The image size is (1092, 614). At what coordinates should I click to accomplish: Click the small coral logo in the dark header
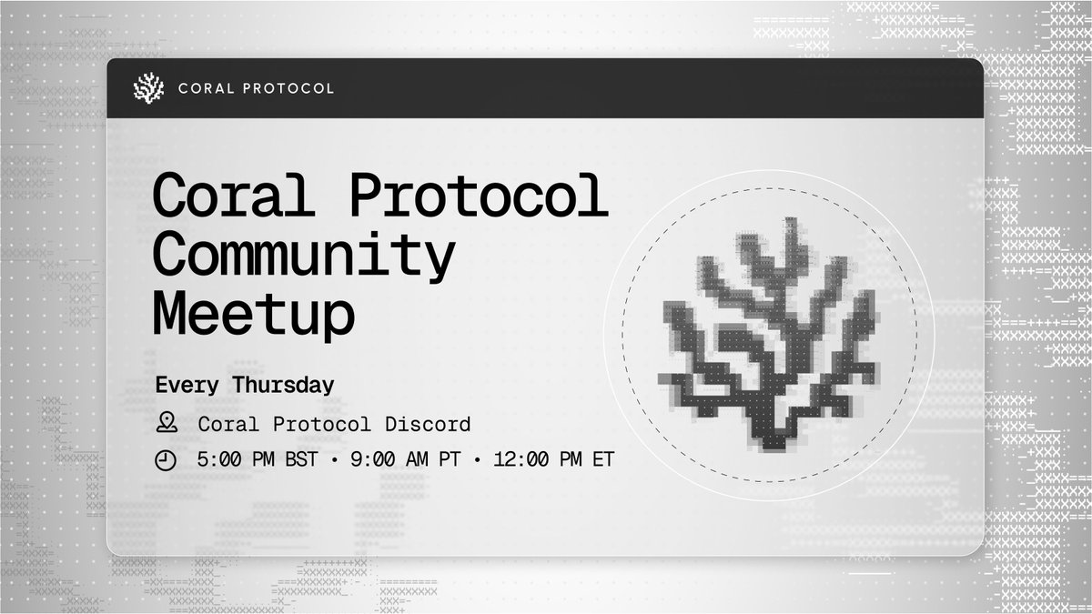click(148, 88)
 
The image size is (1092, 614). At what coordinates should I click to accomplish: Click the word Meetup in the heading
click(253, 313)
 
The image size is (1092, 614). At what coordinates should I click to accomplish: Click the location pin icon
click(166, 423)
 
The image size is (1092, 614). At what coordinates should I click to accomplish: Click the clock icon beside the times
click(166, 460)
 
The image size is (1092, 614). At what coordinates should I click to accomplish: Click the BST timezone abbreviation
click(302, 460)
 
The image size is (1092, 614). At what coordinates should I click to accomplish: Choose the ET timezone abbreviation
click(602, 460)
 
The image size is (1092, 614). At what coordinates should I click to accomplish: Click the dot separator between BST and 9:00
click(335, 460)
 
